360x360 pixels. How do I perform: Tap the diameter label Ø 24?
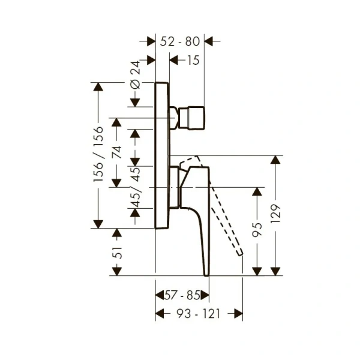[135, 76]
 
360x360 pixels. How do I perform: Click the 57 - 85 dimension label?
[182, 295]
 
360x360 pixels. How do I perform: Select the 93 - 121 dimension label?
[199, 314]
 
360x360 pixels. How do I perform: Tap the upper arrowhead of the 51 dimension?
[118, 233]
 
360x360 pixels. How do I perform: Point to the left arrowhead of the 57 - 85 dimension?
[160, 295]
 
